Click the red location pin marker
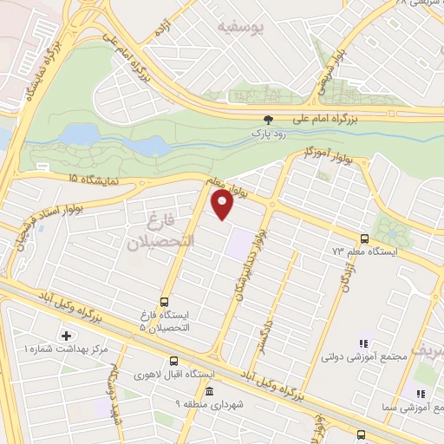pyautogui.click(x=223, y=205)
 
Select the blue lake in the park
pyautogui.click(x=82, y=134)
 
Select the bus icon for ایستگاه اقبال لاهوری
pyautogui.click(x=173, y=362)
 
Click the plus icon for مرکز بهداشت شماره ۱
pyautogui.click(x=66, y=335)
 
